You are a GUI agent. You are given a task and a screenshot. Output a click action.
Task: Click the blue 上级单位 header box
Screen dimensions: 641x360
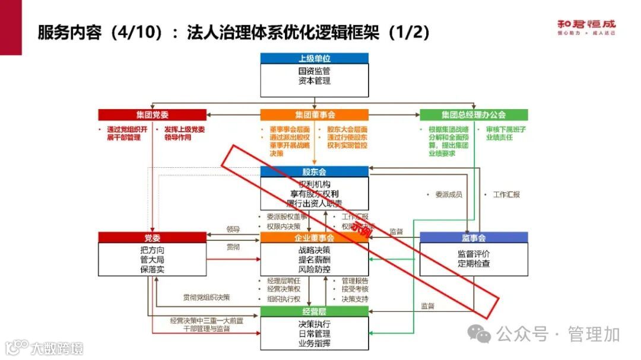coord(314,58)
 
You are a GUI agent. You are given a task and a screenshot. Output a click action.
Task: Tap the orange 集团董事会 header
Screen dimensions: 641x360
coord(314,114)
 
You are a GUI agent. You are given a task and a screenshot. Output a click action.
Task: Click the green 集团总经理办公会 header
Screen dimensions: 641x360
coord(473,114)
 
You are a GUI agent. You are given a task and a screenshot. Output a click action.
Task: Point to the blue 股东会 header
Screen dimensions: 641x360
coord(314,171)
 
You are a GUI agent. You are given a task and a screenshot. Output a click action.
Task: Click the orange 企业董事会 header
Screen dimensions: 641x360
coord(314,238)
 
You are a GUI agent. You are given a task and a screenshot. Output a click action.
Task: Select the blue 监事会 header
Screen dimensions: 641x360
coord(473,238)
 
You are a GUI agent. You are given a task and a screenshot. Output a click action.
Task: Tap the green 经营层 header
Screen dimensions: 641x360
coord(314,311)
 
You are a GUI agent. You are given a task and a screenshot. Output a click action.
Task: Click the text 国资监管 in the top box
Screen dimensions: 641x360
coord(314,71)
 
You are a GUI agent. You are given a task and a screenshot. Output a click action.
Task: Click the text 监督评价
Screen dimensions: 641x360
coord(473,253)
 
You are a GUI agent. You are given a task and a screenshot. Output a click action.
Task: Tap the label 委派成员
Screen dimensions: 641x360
coord(448,195)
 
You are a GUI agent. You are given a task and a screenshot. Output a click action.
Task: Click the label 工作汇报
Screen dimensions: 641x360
coord(505,195)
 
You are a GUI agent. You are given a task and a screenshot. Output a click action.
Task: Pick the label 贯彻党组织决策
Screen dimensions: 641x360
coord(206,297)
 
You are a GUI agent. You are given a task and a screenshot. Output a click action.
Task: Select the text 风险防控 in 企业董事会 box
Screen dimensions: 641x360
coord(314,269)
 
